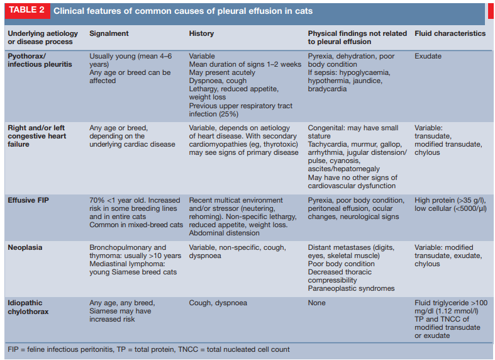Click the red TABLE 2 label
pos(25,11)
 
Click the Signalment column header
pos(109,33)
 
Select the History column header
pos(201,33)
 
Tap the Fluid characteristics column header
pos(450,33)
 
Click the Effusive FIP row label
pos(29,200)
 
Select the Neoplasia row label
pos(25,247)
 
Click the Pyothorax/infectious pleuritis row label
pos(39,60)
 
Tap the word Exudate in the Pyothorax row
pos(428,56)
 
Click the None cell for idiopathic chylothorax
pos(316,303)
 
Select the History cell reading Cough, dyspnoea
pos(218,303)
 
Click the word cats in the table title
pos(303,11)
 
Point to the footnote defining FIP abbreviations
pos(148,349)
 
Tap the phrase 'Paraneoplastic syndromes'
pos(350,288)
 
